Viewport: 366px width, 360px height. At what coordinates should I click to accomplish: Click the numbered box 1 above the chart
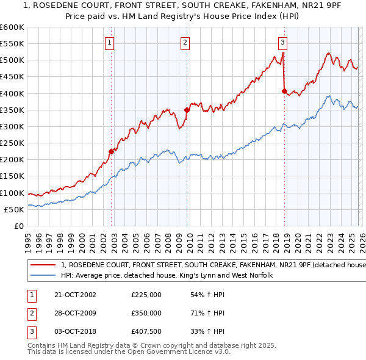click(109, 42)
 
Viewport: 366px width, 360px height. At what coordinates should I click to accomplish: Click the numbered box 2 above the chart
click(185, 42)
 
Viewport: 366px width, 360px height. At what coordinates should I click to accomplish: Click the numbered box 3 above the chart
click(283, 42)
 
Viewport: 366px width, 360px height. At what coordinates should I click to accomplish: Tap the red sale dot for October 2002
click(112, 151)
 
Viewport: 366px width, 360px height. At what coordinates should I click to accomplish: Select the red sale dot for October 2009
click(187, 110)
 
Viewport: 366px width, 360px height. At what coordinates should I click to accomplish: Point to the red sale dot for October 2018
click(284, 91)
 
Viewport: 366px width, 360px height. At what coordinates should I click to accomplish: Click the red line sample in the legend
click(44, 265)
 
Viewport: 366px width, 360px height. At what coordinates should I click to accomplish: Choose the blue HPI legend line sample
click(44, 276)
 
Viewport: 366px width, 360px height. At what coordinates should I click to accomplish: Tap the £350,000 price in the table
click(146, 313)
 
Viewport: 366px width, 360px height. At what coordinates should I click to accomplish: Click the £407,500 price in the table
click(146, 331)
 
